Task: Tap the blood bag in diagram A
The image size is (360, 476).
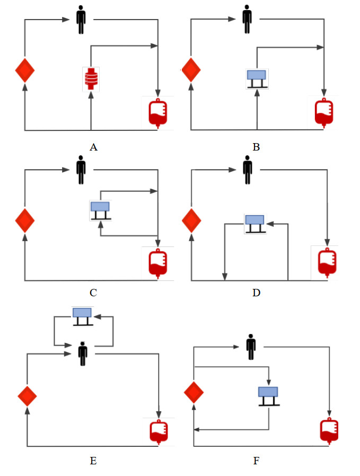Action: (157, 112)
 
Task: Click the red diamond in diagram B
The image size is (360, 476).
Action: (190, 69)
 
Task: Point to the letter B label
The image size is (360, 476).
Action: (256, 147)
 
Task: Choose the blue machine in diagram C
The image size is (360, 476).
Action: (100, 209)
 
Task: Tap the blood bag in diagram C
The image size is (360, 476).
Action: (157, 262)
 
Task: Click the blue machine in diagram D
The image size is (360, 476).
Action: (254, 223)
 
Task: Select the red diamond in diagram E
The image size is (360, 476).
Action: (27, 396)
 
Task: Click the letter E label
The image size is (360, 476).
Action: (93, 461)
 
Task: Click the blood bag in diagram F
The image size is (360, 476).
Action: (329, 430)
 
